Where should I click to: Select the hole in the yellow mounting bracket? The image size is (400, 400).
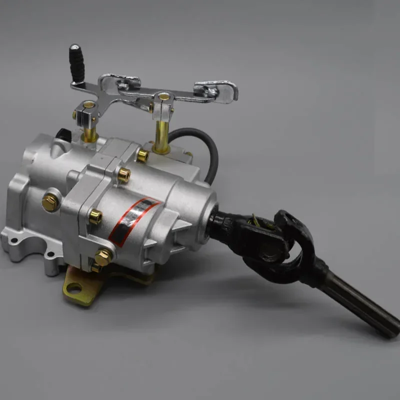[x=74, y=288]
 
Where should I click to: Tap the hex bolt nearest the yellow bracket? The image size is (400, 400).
[x=102, y=258]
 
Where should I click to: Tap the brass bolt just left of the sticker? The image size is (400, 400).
[x=94, y=216]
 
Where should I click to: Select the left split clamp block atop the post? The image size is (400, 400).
[x=87, y=111]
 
